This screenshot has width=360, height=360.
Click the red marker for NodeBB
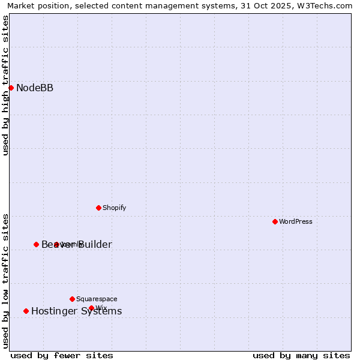click(11, 88)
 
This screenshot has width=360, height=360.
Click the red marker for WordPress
click(275, 222)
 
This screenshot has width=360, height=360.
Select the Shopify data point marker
click(98, 208)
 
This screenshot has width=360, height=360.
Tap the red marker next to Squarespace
click(72, 299)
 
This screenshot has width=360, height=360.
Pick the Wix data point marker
click(91, 308)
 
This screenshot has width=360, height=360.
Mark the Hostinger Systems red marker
click(26, 311)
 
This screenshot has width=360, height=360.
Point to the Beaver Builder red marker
click(36, 244)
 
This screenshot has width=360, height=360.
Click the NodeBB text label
click(35, 88)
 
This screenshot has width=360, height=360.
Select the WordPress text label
click(296, 222)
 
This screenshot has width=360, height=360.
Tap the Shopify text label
click(114, 208)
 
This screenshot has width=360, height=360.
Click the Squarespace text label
click(97, 299)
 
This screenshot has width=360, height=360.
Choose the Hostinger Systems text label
click(76, 311)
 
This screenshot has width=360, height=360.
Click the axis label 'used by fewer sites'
click(62, 355)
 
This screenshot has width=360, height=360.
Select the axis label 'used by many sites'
click(301, 355)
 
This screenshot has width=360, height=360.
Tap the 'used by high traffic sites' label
click(5, 85)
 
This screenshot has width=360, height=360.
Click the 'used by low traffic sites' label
click(5, 280)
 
